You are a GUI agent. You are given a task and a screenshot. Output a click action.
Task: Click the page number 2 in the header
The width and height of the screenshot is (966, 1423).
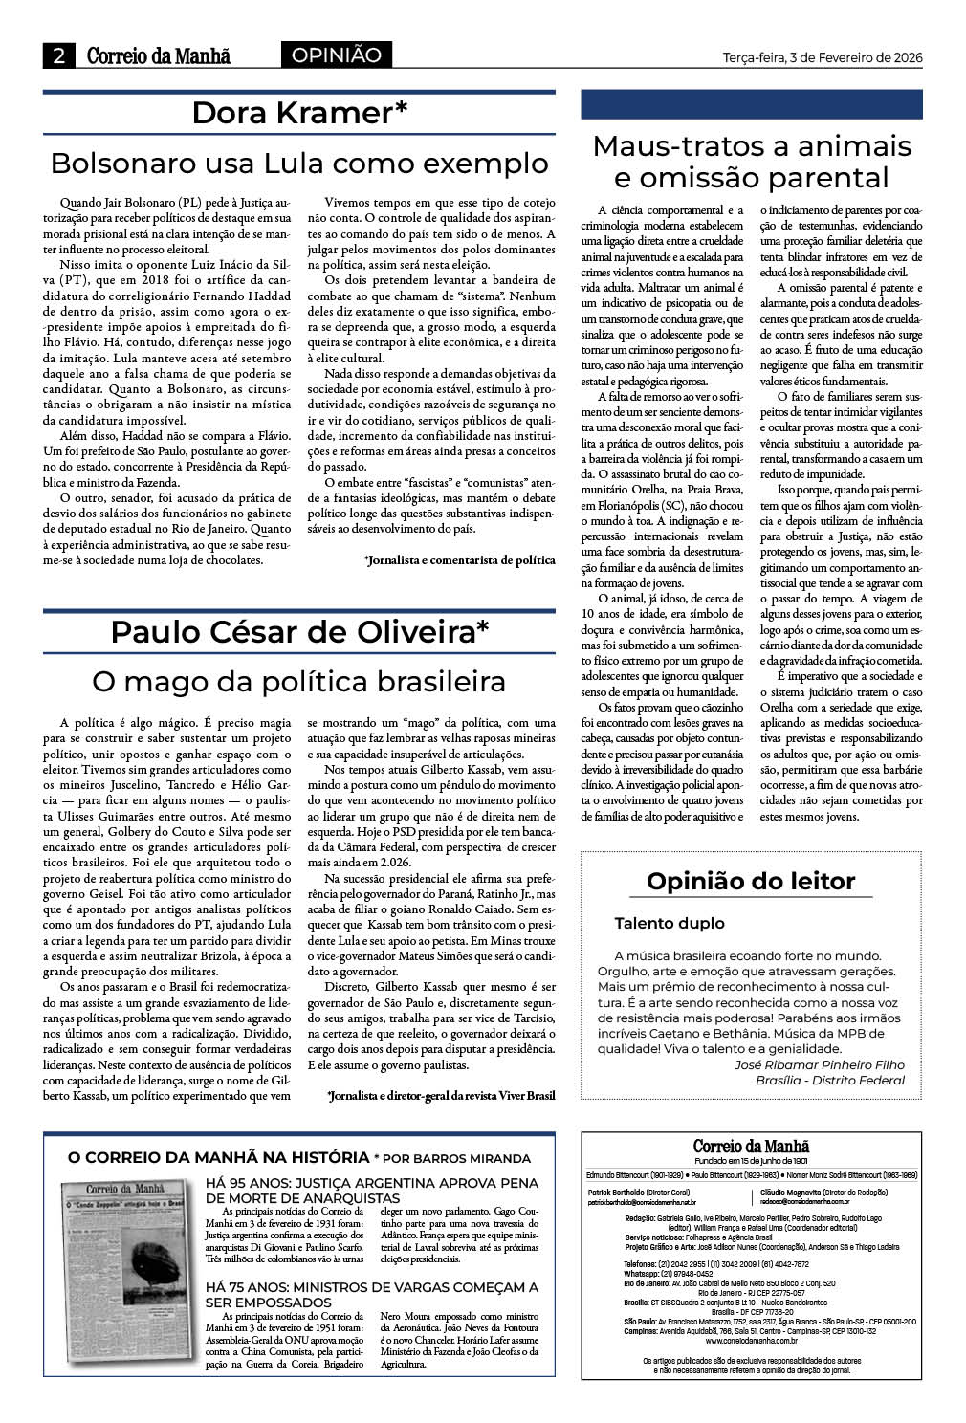[59, 56]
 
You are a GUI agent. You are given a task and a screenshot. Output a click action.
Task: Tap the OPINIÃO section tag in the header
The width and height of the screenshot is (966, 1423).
[336, 55]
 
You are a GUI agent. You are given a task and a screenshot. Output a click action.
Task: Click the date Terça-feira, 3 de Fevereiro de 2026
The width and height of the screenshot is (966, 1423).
[823, 56]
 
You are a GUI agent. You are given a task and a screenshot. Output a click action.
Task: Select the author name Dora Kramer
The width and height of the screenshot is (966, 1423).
[299, 113]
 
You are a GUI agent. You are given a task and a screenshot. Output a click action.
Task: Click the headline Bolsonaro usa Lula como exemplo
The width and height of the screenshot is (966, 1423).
[299, 163]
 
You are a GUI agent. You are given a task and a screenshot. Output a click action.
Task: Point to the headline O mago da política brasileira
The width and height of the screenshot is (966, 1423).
[299, 682]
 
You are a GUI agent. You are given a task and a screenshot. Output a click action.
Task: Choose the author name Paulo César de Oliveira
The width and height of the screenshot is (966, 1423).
[299, 632]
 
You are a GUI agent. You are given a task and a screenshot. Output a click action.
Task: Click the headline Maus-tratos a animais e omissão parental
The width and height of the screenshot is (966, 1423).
[752, 162]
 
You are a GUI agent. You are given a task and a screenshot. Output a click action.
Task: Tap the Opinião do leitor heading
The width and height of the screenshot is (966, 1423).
[751, 881]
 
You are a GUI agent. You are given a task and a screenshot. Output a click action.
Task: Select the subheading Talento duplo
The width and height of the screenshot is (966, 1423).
[670, 923]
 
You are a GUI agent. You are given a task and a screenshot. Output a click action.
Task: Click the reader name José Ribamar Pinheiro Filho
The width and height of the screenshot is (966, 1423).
[819, 1064]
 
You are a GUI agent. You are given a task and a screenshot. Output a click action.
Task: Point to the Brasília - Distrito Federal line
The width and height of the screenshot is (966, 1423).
[829, 1080]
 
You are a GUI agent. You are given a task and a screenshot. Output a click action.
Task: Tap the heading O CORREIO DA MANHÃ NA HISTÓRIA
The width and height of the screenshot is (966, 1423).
[219, 1157]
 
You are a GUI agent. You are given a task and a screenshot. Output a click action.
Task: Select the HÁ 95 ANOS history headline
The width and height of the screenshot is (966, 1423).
[371, 1191]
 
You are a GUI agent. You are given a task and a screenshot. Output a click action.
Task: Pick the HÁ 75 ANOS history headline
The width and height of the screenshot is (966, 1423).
[371, 1295]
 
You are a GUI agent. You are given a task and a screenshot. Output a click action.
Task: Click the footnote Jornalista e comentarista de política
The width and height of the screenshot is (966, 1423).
[459, 559]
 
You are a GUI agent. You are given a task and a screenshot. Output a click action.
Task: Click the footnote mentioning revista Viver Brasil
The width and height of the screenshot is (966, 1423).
[441, 1095]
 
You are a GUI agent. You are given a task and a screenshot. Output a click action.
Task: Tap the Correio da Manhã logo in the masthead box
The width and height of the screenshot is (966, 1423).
[752, 1146]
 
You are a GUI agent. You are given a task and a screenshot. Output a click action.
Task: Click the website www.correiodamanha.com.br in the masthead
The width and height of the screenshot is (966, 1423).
[752, 1342]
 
